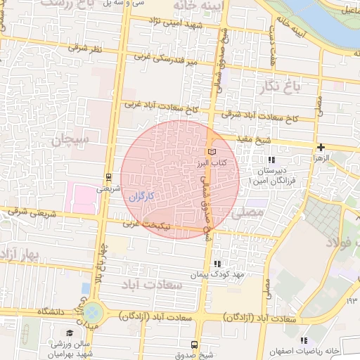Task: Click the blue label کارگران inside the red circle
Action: coord(141,195)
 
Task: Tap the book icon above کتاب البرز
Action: coord(212,152)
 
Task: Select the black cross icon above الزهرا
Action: coord(321,148)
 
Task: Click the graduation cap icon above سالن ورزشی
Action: coord(69,333)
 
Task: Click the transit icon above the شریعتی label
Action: coord(108,177)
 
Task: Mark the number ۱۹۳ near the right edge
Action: coord(352,301)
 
